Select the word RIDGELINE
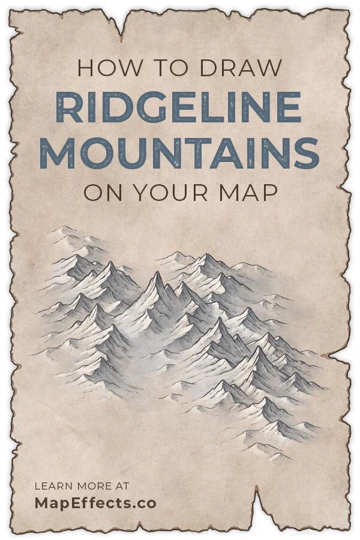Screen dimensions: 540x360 point(179,107)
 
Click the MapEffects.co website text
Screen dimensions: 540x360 point(95,503)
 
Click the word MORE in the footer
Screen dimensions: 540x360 point(92,485)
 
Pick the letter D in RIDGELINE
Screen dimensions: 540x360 point(114,107)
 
